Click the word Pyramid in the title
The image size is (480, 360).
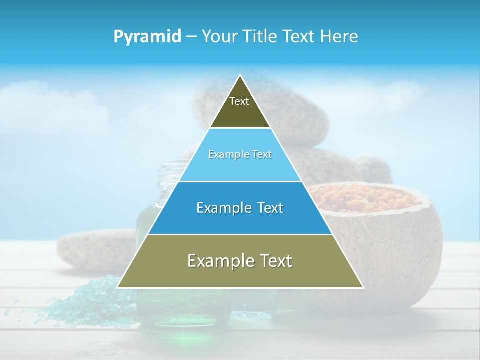tap(147, 37)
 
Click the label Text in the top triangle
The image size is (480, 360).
tap(239, 101)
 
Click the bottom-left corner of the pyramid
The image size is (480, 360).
tap(118, 287)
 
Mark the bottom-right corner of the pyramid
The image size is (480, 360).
tap(363, 287)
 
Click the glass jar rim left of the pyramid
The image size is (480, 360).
tap(172, 165)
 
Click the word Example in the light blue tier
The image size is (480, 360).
tap(223, 154)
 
